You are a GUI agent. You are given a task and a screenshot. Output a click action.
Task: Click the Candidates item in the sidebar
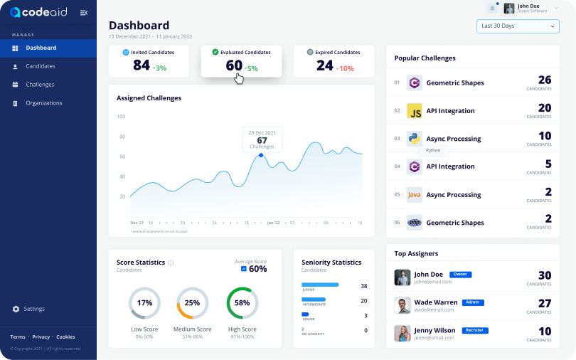(40, 66)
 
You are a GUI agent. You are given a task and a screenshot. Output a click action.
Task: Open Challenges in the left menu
(40, 85)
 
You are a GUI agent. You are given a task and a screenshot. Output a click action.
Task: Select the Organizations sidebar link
(43, 103)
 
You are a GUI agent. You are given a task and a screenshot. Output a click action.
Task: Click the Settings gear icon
(16, 309)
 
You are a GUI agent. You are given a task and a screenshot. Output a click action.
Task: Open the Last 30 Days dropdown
(517, 26)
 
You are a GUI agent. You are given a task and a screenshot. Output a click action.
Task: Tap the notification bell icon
(492, 8)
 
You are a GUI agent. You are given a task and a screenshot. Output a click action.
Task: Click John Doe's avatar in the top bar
(509, 9)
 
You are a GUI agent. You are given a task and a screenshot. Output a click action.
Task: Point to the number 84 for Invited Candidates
(142, 65)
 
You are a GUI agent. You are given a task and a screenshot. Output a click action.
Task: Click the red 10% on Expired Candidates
(346, 68)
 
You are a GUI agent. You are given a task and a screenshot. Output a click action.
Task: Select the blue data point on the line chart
(261, 155)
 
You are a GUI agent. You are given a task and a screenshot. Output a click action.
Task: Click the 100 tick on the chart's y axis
(121, 117)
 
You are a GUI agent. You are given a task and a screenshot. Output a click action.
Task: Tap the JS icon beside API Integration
(415, 111)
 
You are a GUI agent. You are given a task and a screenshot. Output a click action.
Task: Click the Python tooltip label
(433, 151)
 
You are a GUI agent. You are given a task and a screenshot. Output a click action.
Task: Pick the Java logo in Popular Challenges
(415, 195)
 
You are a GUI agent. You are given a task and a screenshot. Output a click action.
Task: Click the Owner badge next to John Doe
(461, 274)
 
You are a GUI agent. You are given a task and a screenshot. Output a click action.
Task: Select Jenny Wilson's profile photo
(402, 333)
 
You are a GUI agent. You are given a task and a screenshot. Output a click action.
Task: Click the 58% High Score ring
(242, 302)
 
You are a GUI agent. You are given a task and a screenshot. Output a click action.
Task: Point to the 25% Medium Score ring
(192, 302)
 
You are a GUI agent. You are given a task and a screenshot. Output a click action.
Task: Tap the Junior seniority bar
(320, 285)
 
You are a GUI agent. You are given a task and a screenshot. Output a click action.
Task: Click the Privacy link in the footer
(41, 337)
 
